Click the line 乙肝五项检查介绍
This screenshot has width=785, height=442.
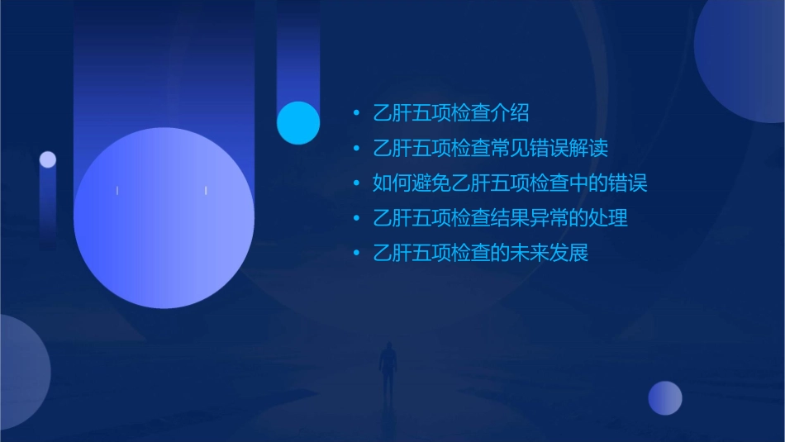pyautogui.click(x=450, y=113)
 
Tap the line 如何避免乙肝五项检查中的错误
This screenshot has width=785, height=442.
pyautogui.click(x=510, y=183)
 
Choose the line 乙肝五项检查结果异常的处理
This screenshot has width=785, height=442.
pyautogui.click(x=500, y=218)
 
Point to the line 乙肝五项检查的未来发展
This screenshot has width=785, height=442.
pyautogui.click(x=480, y=253)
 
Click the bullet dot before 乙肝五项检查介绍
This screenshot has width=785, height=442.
pyautogui.click(x=356, y=113)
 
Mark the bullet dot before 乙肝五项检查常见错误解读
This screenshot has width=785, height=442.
pyautogui.click(x=356, y=149)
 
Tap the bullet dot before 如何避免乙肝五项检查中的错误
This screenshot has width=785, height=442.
pyautogui.click(x=356, y=183)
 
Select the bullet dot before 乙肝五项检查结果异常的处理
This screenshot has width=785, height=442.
pyautogui.click(x=356, y=218)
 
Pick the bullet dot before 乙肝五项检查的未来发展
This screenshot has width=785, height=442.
pyautogui.click(x=356, y=253)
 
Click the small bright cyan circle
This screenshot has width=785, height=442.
pyautogui.click(x=298, y=122)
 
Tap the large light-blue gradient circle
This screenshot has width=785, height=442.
pyautogui.click(x=164, y=217)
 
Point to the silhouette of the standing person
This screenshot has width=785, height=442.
pyautogui.click(x=387, y=370)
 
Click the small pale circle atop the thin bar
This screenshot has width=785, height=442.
pyautogui.click(x=48, y=159)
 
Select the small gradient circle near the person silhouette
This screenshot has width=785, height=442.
pyautogui.click(x=665, y=397)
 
